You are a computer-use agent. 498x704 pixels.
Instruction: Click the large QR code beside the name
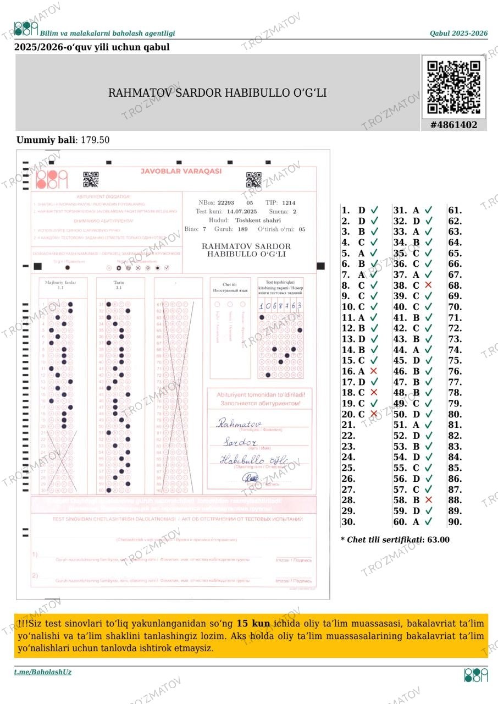click(x=453, y=87)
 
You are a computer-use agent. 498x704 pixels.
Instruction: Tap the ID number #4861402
click(x=453, y=125)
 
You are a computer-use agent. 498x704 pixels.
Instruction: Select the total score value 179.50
click(x=95, y=140)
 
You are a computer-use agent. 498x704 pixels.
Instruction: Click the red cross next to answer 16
click(x=374, y=371)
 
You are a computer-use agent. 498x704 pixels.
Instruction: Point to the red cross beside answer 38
click(x=428, y=285)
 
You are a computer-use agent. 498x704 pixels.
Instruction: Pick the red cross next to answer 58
click(x=428, y=500)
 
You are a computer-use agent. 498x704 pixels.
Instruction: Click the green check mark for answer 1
click(x=374, y=210)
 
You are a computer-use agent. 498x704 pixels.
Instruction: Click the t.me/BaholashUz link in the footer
click(x=43, y=672)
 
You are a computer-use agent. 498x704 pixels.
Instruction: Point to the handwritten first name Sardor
click(x=240, y=442)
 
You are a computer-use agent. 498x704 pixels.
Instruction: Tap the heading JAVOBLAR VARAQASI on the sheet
click(x=181, y=171)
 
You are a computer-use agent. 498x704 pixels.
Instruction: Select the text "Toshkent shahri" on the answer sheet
click(x=258, y=220)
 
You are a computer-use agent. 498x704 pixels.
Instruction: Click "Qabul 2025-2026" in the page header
click(x=458, y=34)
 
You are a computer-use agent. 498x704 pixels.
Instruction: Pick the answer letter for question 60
click(x=416, y=522)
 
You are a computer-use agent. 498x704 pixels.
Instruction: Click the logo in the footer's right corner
click(x=476, y=675)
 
